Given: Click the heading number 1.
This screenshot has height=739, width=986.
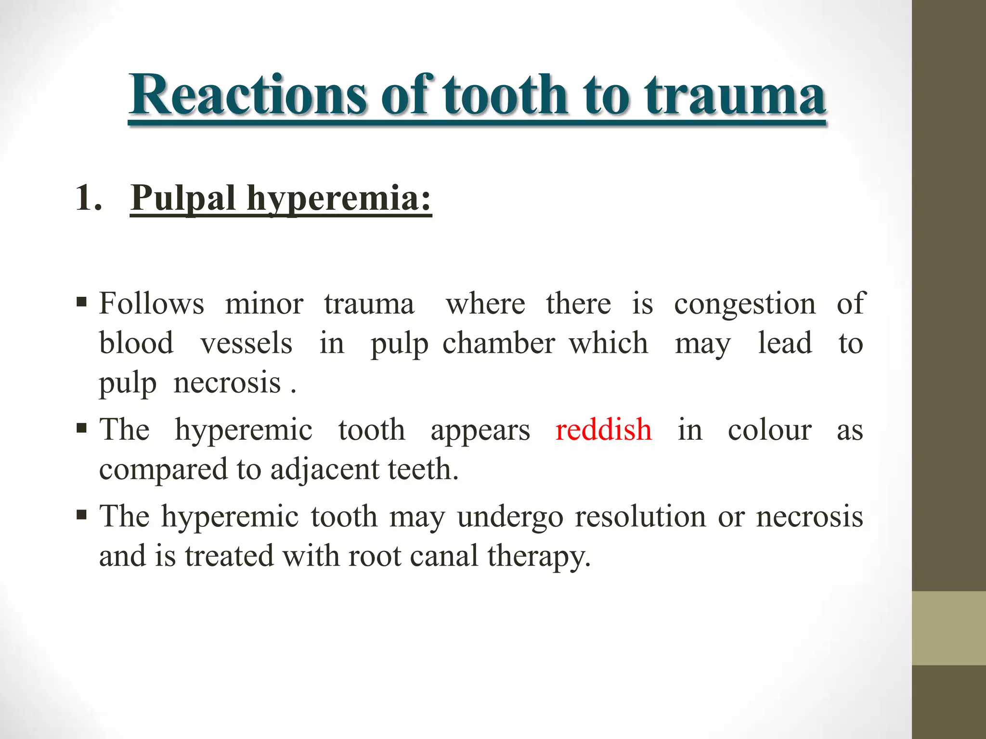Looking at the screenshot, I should [x=89, y=198].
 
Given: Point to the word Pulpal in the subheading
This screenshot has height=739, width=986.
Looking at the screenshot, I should [x=183, y=198].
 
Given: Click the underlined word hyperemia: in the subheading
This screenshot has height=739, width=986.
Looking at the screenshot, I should [x=339, y=198].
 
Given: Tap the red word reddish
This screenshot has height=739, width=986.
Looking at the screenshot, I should [x=603, y=429].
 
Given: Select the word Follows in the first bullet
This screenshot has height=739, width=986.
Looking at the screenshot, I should [x=152, y=304].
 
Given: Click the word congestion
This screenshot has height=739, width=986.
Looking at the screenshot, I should [x=744, y=305].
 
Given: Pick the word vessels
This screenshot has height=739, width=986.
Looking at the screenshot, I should [x=246, y=344].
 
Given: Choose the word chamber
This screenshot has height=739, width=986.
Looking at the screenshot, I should [x=499, y=344].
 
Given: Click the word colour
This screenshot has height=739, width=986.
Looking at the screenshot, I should [x=769, y=429].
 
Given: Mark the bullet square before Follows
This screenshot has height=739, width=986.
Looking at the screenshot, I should [x=81, y=303].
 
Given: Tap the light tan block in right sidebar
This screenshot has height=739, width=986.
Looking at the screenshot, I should [x=948, y=628].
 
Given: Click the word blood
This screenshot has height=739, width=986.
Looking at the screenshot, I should [x=136, y=344].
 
